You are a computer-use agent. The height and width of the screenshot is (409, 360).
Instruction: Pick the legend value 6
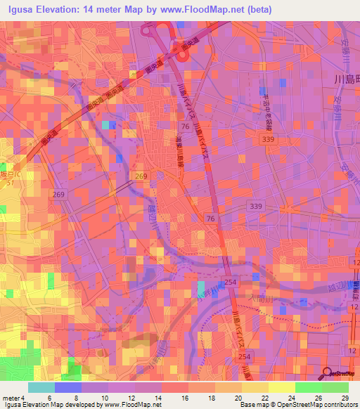49,397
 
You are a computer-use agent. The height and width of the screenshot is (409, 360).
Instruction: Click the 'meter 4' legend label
13,397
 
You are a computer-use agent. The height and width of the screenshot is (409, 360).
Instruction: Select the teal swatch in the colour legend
41,387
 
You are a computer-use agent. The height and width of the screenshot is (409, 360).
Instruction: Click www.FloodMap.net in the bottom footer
131,405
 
